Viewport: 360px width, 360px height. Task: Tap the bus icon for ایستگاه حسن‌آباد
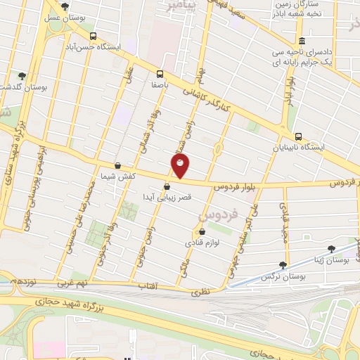(x=94, y=36)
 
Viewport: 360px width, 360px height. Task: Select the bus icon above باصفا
(x=160, y=73)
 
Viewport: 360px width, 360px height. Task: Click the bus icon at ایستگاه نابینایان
(x=298, y=136)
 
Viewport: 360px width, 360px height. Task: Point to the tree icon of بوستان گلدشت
(x=22, y=75)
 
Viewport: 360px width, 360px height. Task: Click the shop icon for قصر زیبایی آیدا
(x=167, y=187)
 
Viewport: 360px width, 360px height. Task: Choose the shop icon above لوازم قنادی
(x=202, y=231)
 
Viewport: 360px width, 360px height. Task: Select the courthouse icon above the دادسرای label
(x=302, y=41)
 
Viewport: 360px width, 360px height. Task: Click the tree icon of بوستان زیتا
(x=331, y=248)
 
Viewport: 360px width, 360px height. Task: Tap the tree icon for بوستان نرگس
(x=283, y=265)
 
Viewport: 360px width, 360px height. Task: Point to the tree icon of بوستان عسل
(x=65, y=6)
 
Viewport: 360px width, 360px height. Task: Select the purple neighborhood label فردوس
(x=220, y=210)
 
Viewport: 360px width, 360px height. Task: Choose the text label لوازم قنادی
(x=202, y=243)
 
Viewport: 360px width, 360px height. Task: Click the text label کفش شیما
(x=117, y=176)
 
